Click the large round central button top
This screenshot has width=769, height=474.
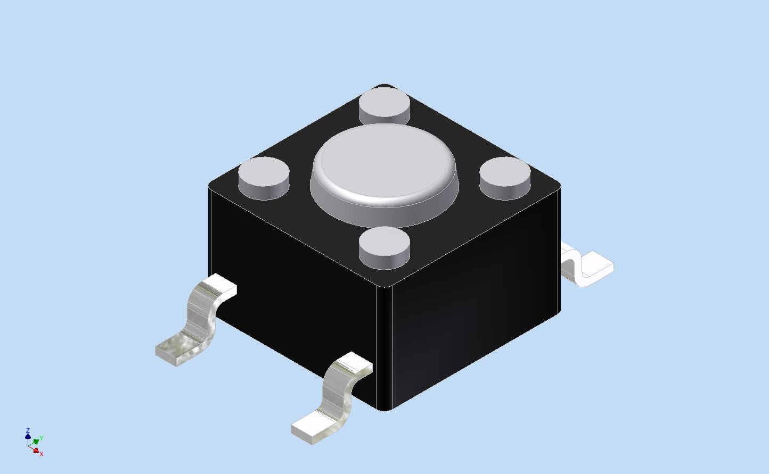click(x=384, y=161)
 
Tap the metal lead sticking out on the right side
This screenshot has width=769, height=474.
click(x=587, y=267)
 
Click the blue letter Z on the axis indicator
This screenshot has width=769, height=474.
click(x=28, y=430)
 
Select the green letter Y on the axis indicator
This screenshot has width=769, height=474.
click(x=41, y=438)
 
